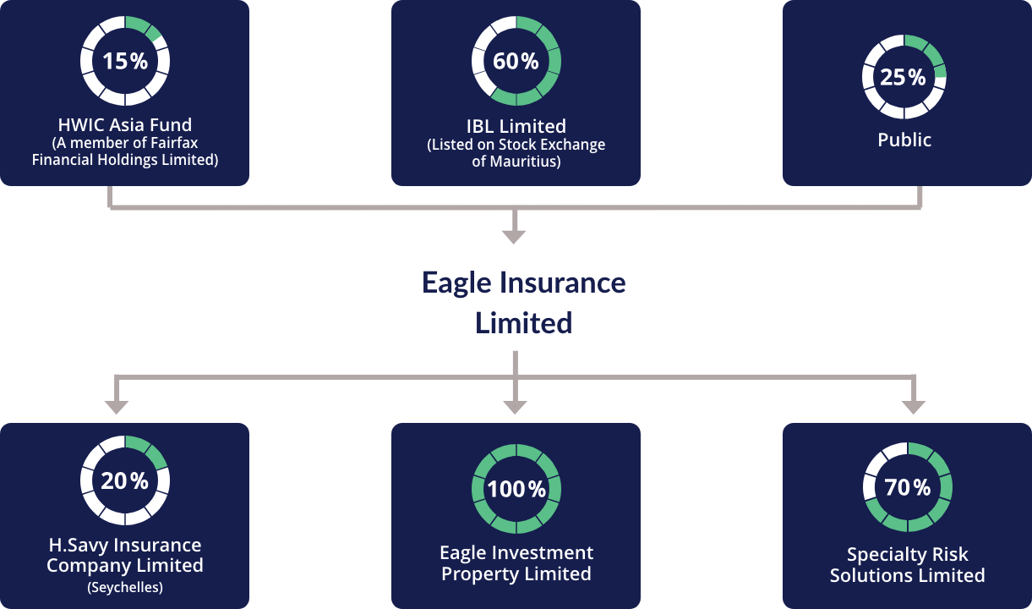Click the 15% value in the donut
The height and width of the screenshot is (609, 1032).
[x=125, y=61]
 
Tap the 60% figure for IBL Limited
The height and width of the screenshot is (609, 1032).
[x=516, y=61]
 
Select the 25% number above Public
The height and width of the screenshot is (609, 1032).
[x=903, y=77]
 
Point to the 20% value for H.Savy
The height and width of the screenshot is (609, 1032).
[x=124, y=480]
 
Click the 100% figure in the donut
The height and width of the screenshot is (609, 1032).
[x=516, y=489]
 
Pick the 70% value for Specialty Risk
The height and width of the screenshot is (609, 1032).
[x=907, y=487]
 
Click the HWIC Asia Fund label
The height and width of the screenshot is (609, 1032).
[x=125, y=124]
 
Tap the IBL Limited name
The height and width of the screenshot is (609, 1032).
[x=516, y=126]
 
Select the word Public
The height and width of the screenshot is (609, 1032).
[x=904, y=140]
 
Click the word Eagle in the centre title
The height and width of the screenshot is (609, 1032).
[x=456, y=283]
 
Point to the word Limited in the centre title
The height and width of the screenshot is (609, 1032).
[x=523, y=323]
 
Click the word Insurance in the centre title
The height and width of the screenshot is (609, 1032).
[x=563, y=283]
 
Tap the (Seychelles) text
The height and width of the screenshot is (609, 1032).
[x=125, y=587]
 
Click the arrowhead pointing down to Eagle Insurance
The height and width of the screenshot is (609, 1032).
[x=514, y=237]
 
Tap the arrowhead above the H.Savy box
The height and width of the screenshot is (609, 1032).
[x=117, y=408]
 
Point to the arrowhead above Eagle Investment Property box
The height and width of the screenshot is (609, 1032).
[x=515, y=408]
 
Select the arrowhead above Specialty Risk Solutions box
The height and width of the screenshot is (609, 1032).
[x=914, y=408]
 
